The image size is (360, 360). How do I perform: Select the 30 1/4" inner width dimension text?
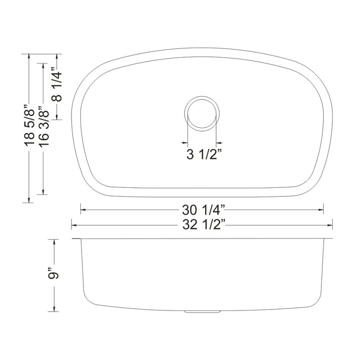tap(204, 210)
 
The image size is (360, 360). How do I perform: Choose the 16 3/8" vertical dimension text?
tap(43, 126)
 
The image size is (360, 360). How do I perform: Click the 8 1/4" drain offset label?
tap(56, 84)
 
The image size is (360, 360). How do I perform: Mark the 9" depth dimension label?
tap(53, 273)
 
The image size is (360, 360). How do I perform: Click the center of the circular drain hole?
tap(202, 113)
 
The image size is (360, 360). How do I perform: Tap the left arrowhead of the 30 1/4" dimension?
tap(83, 210)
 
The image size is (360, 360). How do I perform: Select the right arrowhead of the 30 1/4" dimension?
tap(321, 210)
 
